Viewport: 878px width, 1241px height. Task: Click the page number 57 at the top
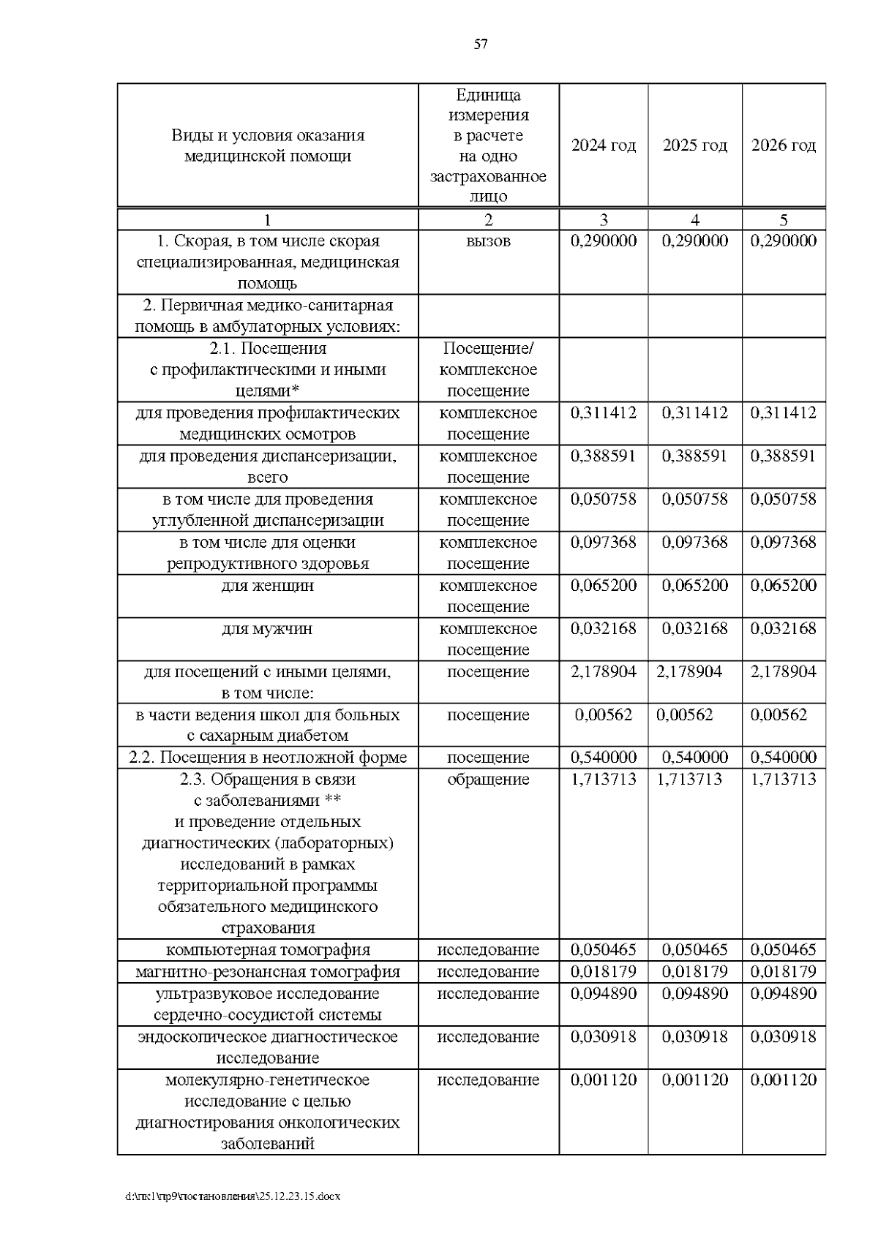pos(481,45)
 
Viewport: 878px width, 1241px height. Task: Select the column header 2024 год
pos(604,146)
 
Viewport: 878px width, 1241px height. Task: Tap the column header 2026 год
pos(784,146)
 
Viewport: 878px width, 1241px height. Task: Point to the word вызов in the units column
pos(488,241)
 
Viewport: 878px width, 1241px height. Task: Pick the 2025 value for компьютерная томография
pos(694,950)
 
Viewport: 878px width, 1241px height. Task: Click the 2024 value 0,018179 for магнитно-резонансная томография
pos(604,972)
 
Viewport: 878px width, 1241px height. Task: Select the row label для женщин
pos(268,586)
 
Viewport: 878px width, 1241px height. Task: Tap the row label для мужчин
pos(268,629)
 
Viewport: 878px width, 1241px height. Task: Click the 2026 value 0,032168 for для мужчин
pos(784,629)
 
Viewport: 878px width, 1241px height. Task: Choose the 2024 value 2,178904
pos(604,672)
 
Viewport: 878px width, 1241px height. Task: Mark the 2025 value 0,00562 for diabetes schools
pos(684,715)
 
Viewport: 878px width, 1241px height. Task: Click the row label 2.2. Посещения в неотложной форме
pos(268,758)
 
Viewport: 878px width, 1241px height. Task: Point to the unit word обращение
pos(488,780)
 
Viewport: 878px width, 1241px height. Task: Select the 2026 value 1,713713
pos(784,780)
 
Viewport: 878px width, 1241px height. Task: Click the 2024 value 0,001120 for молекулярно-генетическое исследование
pos(604,1080)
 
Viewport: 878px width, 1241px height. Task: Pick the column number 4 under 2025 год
pos(694,220)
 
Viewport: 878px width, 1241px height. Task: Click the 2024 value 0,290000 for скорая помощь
pos(604,241)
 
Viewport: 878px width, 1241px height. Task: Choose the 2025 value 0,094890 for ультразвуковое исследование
pos(694,994)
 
